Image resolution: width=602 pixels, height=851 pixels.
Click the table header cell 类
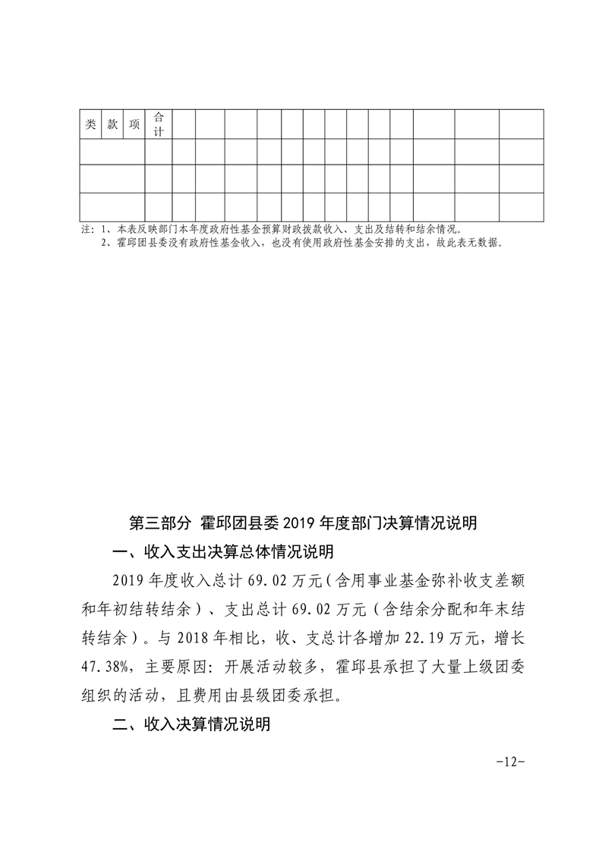tap(90, 125)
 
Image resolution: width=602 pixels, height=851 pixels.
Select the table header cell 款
tap(112, 125)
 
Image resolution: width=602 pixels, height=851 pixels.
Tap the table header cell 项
tap(134, 125)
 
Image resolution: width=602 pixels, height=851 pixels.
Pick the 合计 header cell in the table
tap(159, 124)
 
